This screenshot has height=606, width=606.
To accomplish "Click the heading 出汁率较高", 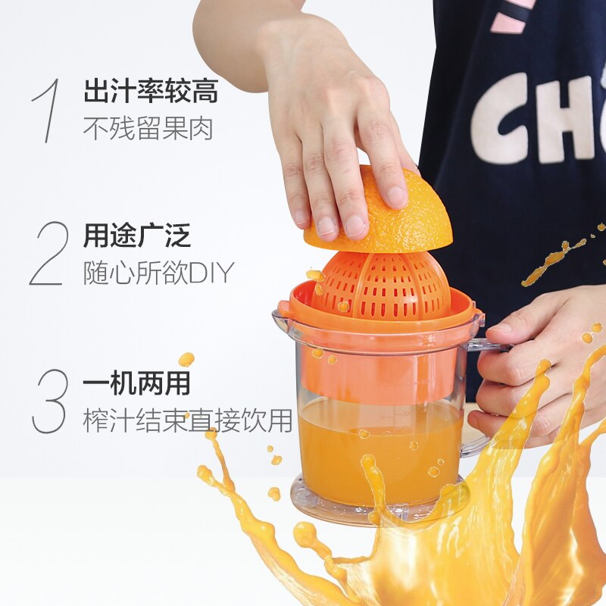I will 151,92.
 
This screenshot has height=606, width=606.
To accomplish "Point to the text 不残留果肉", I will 148,128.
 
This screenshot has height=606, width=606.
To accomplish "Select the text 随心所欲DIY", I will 158,273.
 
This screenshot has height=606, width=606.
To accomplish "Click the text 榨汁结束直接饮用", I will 187,420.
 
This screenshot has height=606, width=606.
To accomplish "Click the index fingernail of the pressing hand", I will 328,226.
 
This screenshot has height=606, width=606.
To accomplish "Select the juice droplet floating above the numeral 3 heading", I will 186,359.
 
